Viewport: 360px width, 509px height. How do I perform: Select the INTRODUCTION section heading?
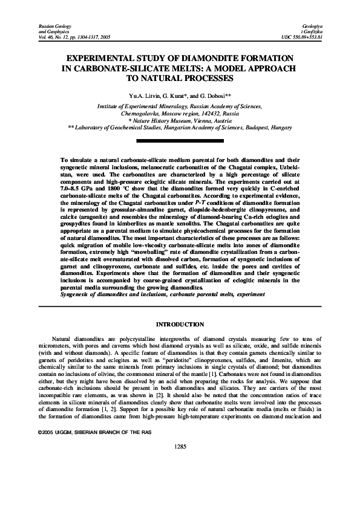(x=180, y=325)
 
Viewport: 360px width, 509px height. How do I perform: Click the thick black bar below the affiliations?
(x=180, y=141)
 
